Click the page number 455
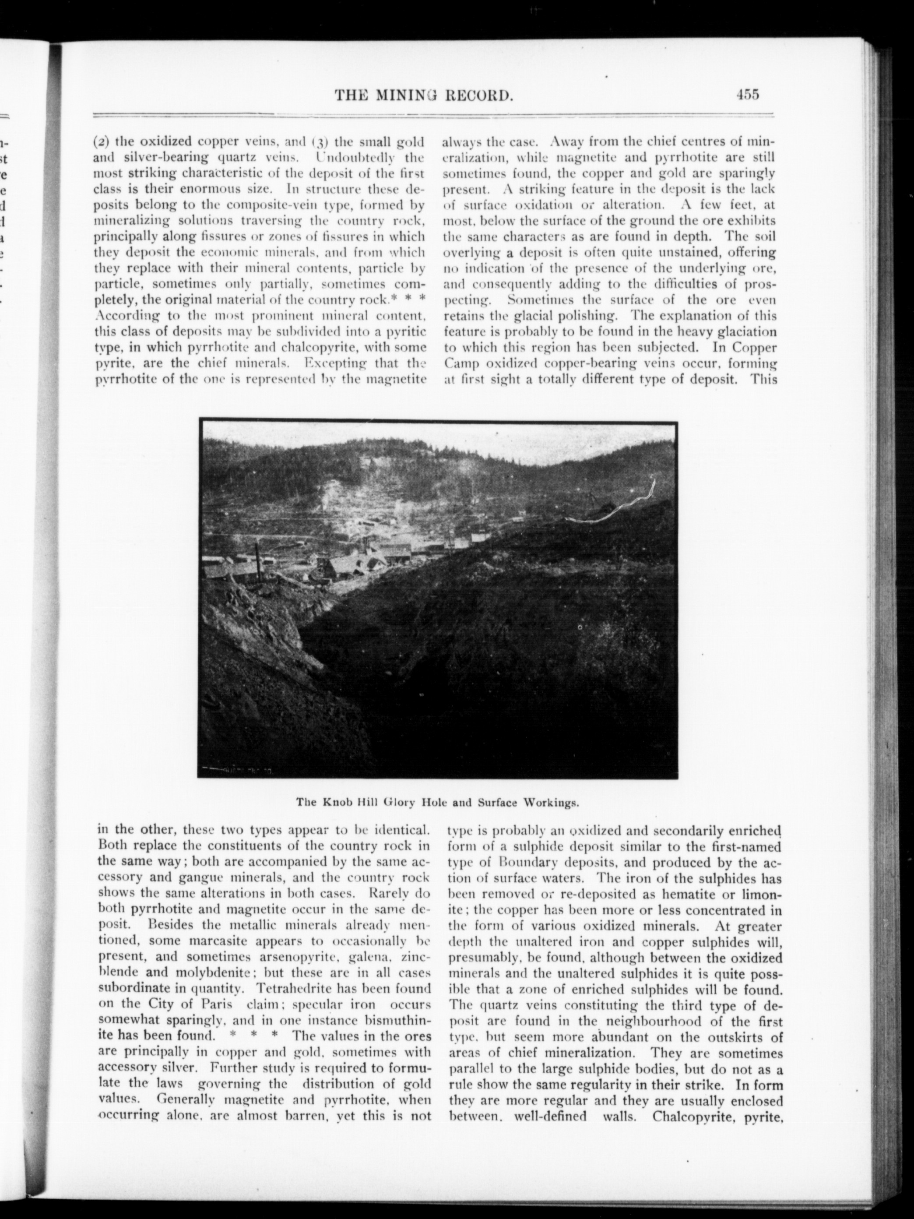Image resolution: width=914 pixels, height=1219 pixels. tap(747, 94)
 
